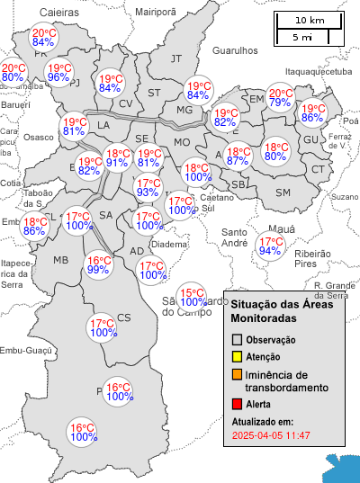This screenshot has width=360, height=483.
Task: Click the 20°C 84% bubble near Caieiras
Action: click(x=44, y=37)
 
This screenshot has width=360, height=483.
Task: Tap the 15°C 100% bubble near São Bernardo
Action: click(x=191, y=297)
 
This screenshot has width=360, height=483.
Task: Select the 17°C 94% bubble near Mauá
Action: click(x=270, y=246)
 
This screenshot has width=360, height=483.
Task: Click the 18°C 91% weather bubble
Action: click(x=117, y=158)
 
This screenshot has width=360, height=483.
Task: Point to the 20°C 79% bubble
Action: click(x=280, y=99)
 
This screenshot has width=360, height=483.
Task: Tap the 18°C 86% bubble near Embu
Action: click(x=35, y=227)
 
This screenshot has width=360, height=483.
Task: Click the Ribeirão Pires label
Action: click(x=312, y=260)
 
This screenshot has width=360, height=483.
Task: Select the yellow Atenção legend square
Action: click(x=238, y=357)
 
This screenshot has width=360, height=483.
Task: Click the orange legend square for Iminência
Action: click(x=238, y=374)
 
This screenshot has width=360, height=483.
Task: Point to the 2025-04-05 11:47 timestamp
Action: click(x=271, y=435)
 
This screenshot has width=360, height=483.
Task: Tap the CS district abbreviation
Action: click(x=124, y=317)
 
